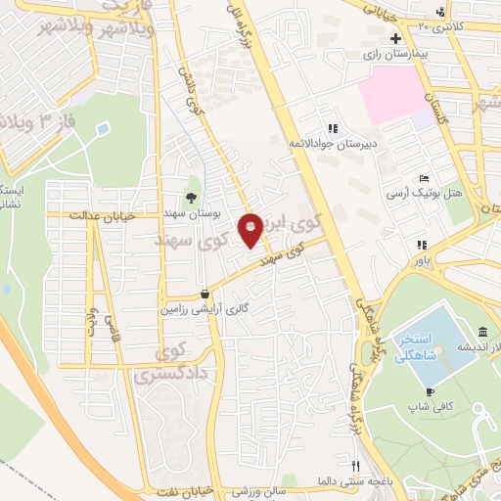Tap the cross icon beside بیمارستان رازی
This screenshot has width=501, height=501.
click(x=395, y=39)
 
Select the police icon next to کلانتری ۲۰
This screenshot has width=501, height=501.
click(x=443, y=12)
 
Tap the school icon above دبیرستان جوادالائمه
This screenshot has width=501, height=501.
click(x=333, y=128)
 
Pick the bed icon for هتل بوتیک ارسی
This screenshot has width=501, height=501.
click(x=423, y=179)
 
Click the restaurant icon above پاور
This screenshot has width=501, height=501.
click(x=421, y=245)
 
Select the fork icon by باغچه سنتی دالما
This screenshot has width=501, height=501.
click(x=356, y=467)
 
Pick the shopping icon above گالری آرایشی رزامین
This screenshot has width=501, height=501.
click(x=204, y=293)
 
